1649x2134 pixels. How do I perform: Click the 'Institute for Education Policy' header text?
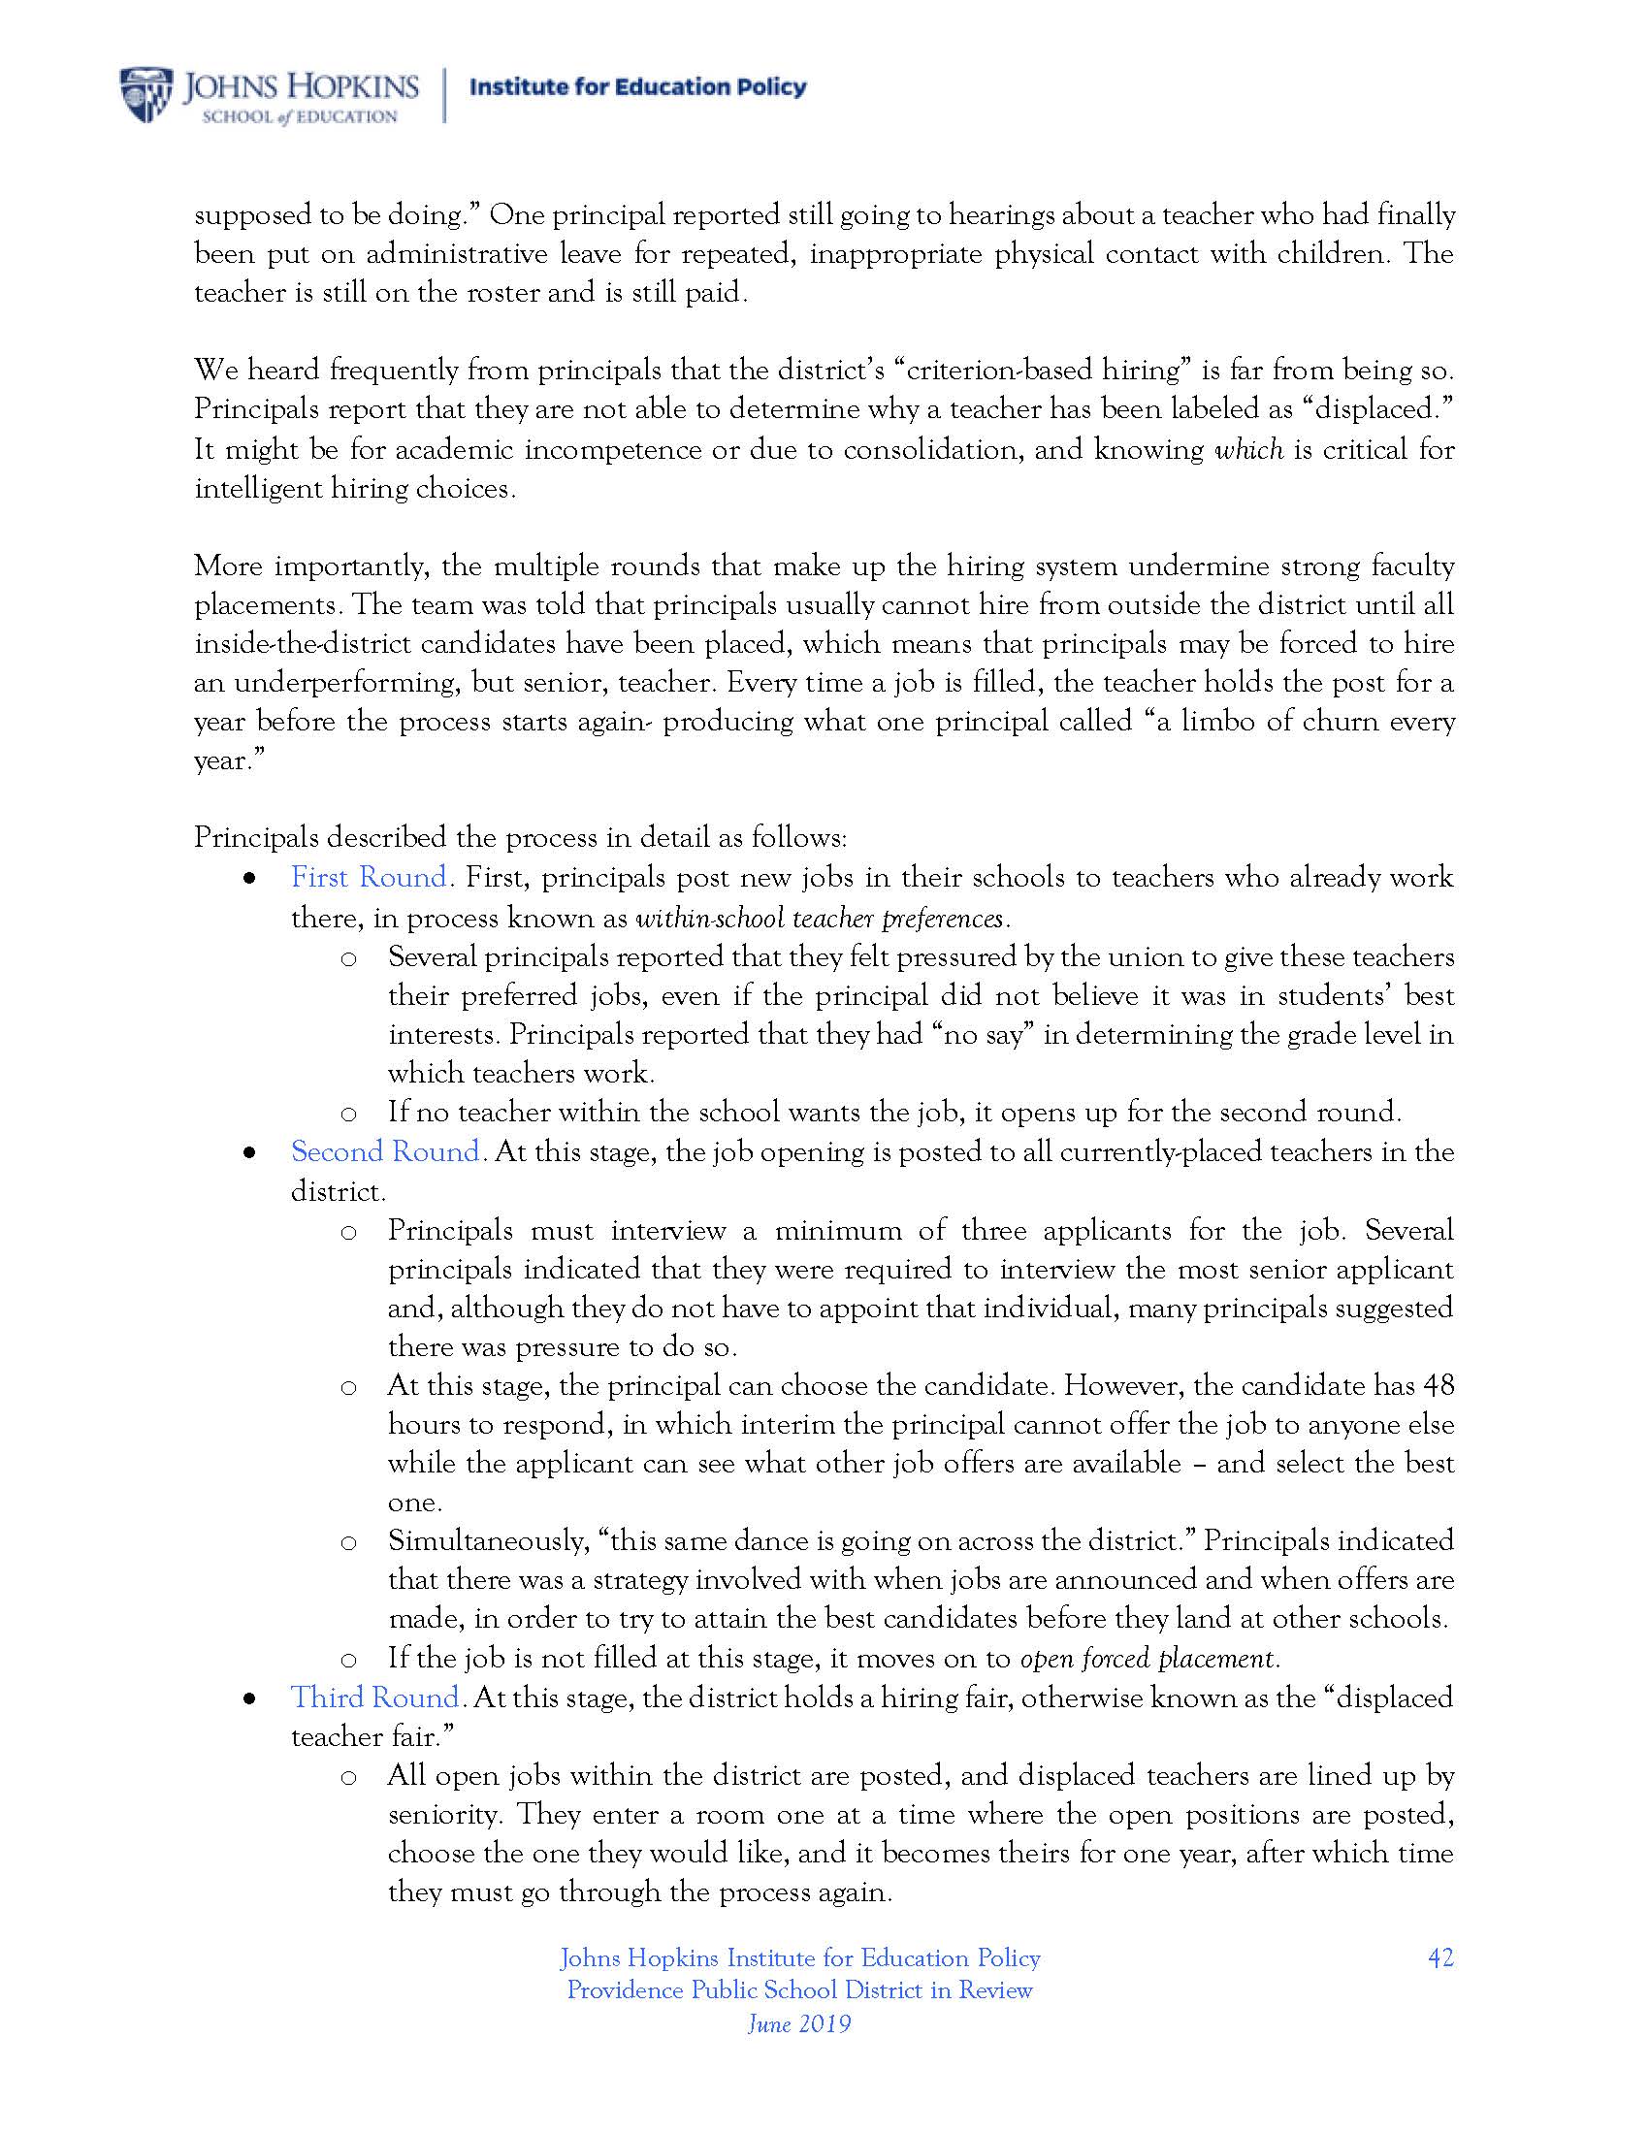[638, 87]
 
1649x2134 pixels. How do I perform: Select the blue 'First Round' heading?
[370, 878]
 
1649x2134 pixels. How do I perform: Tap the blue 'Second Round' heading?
[386, 1152]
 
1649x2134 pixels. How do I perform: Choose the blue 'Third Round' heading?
[375, 1697]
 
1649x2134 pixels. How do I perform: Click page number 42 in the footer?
[1439, 1958]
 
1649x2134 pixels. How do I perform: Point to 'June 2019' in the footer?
[799, 2023]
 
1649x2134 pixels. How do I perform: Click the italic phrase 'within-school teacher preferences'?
[820, 919]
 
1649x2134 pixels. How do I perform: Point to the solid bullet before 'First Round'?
[251, 880]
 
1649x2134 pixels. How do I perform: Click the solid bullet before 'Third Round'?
[251, 1699]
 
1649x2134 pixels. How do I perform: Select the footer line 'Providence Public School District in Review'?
[799, 1990]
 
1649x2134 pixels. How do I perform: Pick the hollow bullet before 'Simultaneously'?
[348, 1543]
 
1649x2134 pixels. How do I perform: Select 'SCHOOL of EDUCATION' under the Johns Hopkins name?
[299, 117]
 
